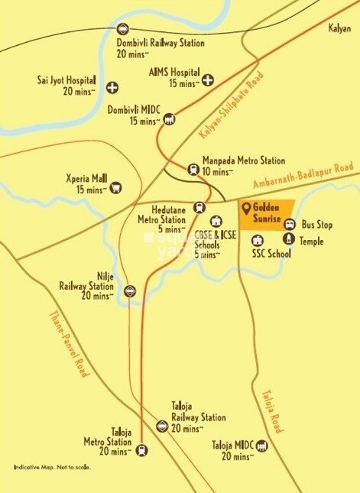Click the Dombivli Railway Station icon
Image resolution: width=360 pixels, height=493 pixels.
[x=123, y=30]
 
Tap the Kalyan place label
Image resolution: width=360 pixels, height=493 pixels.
[x=339, y=28]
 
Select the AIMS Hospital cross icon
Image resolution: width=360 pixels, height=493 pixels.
[x=207, y=79]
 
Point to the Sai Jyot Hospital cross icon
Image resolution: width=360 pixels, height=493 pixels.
[x=113, y=87]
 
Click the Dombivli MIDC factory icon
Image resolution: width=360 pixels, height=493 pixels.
[x=169, y=119]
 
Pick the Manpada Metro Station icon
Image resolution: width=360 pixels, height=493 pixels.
[x=193, y=170]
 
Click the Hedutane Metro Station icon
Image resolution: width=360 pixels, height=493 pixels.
[x=199, y=206]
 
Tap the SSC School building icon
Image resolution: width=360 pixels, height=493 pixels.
[x=258, y=241]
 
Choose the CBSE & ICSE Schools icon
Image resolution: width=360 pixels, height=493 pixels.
[x=215, y=222]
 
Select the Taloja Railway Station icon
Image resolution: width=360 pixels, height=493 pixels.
[x=161, y=427]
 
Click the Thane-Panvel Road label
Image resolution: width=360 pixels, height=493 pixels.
[x=71, y=343]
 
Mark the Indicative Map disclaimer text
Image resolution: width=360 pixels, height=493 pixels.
[x=51, y=467]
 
